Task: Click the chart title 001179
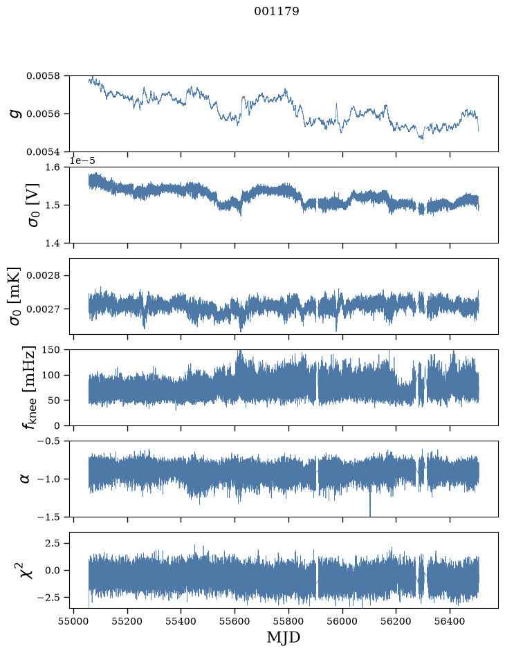(x=277, y=11)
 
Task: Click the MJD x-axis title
(x=283, y=638)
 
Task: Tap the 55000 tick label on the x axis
(x=74, y=621)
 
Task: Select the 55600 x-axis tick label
(x=235, y=621)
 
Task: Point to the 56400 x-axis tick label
(x=450, y=621)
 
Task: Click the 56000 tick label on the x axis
(x=342, y=621)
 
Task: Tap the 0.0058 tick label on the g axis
(x=43, y=76)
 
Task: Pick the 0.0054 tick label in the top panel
(x=43, y=152)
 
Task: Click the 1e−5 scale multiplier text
(x=82, y=160)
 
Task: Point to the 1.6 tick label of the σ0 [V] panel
(x=52, y=167)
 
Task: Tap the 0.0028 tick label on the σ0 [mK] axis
(x=43, y=276)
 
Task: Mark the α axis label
(x=25, y=479)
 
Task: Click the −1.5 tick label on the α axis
(x=48, y=517)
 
